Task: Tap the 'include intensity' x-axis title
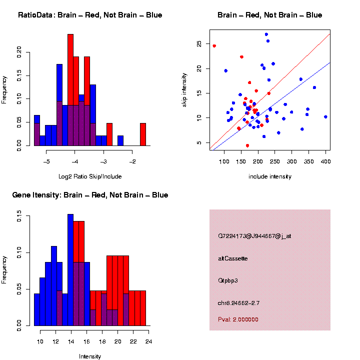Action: [269, 176]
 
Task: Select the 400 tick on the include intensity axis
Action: [325, 161]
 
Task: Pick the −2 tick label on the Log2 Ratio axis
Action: [132, 161]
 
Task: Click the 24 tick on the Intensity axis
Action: [148, 341]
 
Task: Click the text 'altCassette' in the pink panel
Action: [232, 258]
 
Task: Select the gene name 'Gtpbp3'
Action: [228, 280]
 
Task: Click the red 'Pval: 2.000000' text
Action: [238, 319]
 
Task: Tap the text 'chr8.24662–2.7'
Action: [238, 303]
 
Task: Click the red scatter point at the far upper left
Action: [214, 46]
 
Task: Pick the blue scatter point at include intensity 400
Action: [325, 117]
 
